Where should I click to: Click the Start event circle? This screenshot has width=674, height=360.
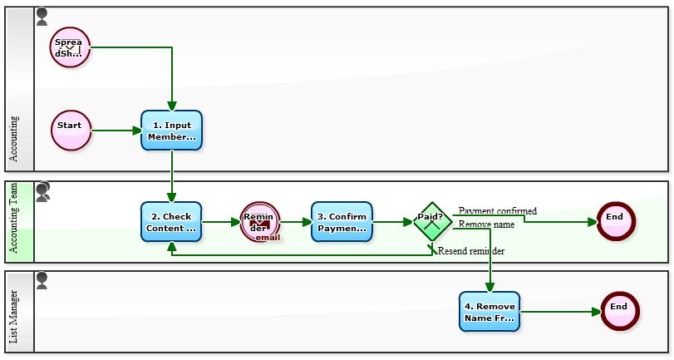click(x=70, y=131)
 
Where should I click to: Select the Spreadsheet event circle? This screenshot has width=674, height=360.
click(x=70, y=47)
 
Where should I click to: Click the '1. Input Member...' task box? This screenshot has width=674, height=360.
click(x=171, y=131)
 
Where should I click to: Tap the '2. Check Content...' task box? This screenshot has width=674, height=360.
click(x=171, y=222)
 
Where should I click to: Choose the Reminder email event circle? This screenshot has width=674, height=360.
click(x=260, y=222)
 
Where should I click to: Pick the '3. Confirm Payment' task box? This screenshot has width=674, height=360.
click(x=342, y=222)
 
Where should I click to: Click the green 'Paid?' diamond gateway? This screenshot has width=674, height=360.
click(x=432, y=222)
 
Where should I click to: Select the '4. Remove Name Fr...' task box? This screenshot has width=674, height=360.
click(x=490, y=312)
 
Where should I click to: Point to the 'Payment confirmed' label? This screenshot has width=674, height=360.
click(x=497, y=211)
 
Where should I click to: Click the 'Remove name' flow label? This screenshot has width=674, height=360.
click(x=486, y=224)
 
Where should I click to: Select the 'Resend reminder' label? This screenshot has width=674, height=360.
click(x=471, y=251)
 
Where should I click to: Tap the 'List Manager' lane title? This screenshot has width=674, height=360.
click(x=14, y=317)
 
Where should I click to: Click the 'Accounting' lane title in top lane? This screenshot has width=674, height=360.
click(x=14, y=139)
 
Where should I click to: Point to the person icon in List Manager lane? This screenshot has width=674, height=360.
click(x=42, y=280)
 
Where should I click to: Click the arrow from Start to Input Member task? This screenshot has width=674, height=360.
click(x=116, y=131)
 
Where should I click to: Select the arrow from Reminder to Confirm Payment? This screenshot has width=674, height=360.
click(x=295, y=222)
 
